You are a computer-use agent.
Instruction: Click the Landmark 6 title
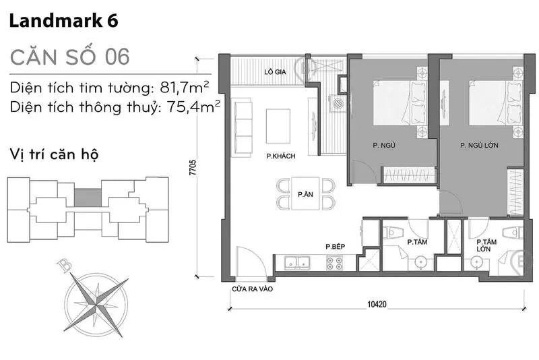[63, 21]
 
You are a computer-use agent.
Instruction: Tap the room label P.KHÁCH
[281, 156]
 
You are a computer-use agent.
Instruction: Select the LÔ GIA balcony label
[275, 72]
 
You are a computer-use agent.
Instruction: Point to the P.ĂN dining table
[306, 193]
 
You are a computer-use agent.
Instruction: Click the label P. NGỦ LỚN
[479, 146]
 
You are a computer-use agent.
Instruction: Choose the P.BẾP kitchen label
[335, 247]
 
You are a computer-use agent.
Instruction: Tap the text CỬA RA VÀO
[252, 289]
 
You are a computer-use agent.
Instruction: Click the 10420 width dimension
[377, 304]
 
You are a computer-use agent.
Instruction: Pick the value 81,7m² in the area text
[185, 88]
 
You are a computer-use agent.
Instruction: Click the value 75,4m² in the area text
[193, 107]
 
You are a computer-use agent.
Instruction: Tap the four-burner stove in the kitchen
[334, 263]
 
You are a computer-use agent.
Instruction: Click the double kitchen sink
[297, 262]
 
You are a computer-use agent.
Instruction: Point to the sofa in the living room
[243, 128]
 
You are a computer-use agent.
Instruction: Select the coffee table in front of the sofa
[278, 126]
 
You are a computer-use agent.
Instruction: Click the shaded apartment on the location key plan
[88, 198]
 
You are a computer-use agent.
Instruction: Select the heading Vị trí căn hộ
[54, 154]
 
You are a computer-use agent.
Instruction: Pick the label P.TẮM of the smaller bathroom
[417, 242]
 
